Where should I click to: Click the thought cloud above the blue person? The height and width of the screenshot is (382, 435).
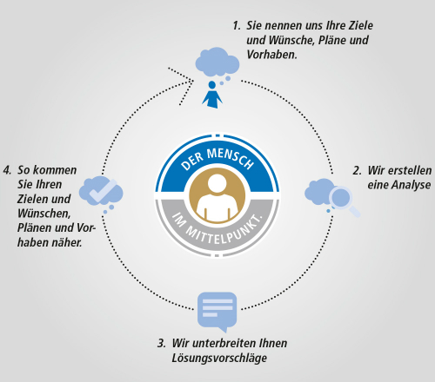(217, 62)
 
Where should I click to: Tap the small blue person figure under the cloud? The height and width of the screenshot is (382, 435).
(212, 95)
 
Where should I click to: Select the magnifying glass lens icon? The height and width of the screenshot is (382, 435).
(340, 197)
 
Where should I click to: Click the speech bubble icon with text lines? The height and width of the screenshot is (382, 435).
(217, 312)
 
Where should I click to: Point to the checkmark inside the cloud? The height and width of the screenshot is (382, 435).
(103, 191)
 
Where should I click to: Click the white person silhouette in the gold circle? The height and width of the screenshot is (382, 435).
(217, 198)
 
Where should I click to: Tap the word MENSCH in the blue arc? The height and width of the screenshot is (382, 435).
(230, 158)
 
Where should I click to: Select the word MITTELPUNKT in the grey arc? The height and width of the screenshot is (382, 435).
(221, 233)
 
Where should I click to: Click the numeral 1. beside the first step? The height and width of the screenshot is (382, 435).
(237, 26)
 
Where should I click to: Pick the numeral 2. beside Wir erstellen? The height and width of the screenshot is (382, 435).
(357, 171)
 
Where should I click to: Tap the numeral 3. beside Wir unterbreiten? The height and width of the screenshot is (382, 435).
(162, 344)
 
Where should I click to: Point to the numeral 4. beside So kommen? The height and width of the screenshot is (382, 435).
(7, 170)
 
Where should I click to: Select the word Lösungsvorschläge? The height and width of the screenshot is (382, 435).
(219, 359)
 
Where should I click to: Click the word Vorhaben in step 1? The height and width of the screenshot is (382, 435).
(271, 55)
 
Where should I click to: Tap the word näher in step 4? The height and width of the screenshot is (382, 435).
(67, 242)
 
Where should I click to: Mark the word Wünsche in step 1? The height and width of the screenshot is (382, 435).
(291, 41)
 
